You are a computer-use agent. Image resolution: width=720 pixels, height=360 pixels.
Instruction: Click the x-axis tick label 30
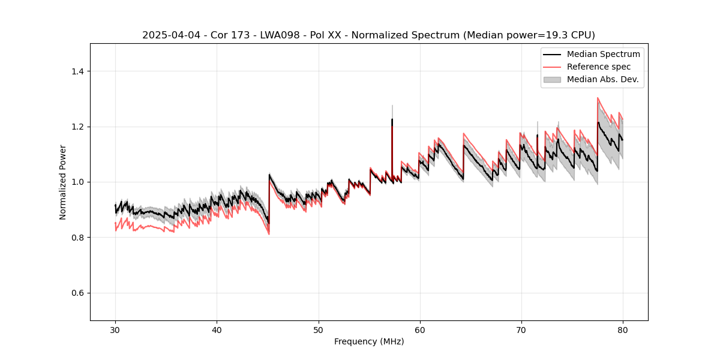[x=115, y=329]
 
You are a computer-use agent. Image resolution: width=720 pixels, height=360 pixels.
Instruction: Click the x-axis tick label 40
[x=217, y=329]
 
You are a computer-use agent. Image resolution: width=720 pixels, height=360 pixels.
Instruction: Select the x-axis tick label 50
[x=318, y=329]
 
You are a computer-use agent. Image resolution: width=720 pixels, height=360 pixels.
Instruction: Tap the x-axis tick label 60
[x=419, y=329]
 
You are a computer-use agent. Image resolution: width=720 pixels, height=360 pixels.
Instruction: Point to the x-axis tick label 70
[x=521, y=329]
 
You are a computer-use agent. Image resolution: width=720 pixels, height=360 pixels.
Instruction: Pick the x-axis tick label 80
[x=622, y=329]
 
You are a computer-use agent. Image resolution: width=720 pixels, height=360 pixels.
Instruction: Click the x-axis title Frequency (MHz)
[x=369, y=341]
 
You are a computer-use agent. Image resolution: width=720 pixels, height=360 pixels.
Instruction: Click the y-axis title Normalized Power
[x=63, y=182]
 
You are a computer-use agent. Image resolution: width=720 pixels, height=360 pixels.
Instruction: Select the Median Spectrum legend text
[x=603, y=54]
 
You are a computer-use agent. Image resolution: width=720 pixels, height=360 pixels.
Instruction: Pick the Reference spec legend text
[x=598, y=67]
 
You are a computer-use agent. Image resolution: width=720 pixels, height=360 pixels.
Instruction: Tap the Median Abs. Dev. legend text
[x=602, y=79]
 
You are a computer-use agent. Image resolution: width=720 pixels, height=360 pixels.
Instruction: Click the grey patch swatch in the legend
[x=552, y=79]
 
